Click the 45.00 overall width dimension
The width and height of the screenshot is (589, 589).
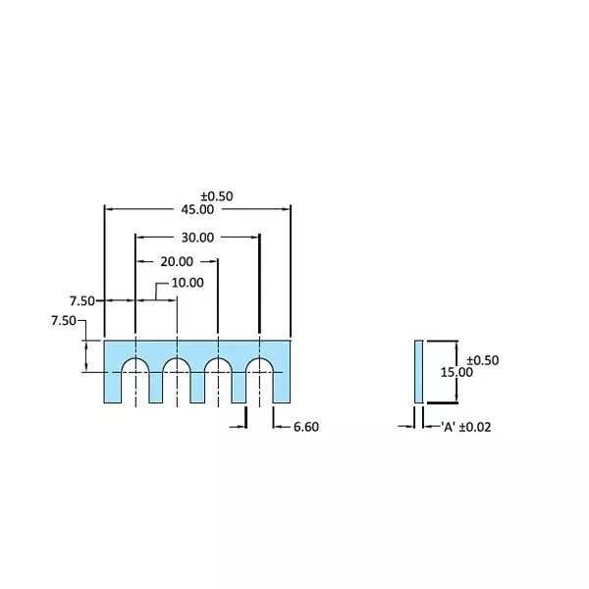point(196,209)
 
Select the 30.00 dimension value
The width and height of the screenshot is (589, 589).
point(196,237)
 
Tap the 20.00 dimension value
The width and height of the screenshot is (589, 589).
point(177,261)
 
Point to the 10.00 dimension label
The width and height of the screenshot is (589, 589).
point(187,283)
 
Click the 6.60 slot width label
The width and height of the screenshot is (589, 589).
point(305,426)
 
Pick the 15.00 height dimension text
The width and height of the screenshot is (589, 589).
point(455,373)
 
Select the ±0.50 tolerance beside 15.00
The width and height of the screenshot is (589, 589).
point(482,360)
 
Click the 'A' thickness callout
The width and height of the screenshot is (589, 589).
point(450,426)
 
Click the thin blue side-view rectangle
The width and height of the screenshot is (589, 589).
point(419,371)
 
